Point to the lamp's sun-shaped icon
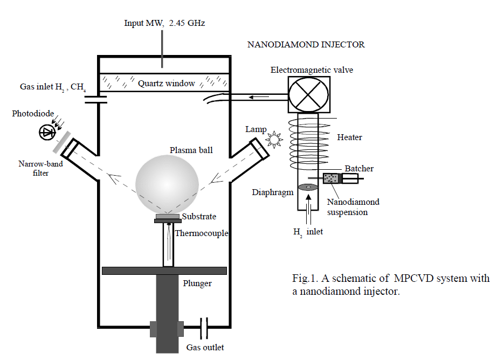tap(274, 141)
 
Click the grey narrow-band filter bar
tap(60, 142)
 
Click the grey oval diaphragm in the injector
tap(308, 188)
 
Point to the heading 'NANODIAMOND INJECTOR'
tap(306, 45)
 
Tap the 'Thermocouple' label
tap(202, 233)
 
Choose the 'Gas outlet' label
tap(205, 348)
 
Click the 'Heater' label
tap(349, 137)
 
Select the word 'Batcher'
tap(359, 169)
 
